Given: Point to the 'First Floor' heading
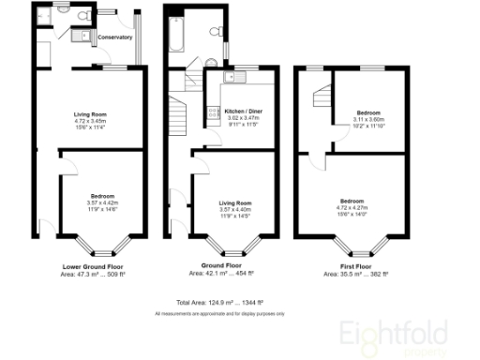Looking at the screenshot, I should (x=352, y=267).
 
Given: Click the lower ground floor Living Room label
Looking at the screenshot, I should (x=89, y=115).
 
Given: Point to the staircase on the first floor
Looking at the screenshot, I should (x=322, y=97).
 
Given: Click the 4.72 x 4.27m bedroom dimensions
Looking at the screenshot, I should (x=352, y=208).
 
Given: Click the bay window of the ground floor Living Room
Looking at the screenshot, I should (x=234, y=248).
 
